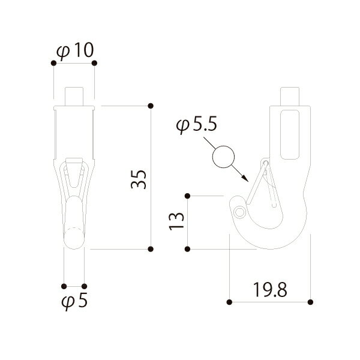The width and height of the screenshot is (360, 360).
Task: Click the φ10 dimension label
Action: coord(75,51)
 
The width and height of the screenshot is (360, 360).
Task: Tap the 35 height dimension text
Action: coord(139,179)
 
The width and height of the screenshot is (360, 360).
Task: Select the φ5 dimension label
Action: coord(74,301)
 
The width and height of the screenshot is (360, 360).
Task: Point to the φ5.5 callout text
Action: coord(197,125)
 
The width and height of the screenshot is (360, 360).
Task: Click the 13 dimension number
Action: coord(176,221)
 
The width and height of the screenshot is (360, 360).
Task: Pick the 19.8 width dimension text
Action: coord(270,290)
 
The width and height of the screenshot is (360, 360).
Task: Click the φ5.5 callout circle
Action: coord(223,157)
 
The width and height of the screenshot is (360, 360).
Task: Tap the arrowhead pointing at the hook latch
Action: coord(245,179)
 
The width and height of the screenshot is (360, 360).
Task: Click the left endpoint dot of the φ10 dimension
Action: coord(53,63)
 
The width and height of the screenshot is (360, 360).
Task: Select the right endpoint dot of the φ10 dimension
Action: coord(94,63)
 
